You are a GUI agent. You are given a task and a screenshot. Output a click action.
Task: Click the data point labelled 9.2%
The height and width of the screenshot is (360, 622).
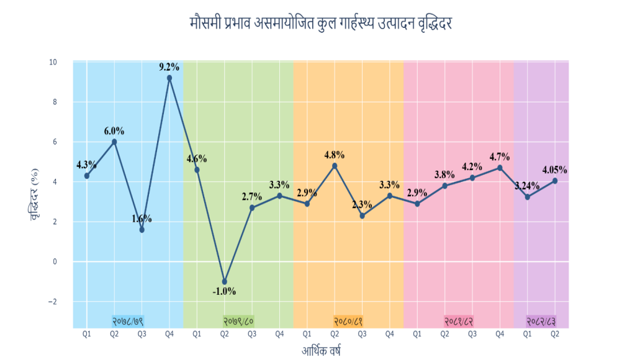(169, 78)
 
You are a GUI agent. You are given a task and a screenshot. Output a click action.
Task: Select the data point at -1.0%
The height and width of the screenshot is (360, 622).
(225, 282)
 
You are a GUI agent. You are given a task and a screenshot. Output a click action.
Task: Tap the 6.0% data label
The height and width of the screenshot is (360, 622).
(114, 131)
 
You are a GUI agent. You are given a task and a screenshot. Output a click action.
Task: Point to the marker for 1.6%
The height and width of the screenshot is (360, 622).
(142, 230)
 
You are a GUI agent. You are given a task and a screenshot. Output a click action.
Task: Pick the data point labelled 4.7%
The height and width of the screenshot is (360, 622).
(500, 168)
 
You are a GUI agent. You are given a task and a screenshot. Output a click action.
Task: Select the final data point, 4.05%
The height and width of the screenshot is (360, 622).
(555, 181)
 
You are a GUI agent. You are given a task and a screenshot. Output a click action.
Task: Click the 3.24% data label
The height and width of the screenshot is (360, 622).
(527, 184)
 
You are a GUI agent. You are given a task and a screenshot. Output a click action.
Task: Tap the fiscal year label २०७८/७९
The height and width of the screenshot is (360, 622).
(128, 321)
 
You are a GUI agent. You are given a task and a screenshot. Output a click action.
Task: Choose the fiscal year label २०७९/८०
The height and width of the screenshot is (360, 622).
(238, 321)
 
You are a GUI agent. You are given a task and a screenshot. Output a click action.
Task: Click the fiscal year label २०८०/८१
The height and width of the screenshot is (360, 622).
(348, 321)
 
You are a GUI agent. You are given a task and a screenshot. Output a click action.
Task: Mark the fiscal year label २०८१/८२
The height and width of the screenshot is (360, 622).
(459, 321)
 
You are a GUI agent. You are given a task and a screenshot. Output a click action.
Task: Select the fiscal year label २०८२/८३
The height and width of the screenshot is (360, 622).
(541, 321)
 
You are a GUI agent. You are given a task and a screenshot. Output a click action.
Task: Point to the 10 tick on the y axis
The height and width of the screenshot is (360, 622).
(53, 62)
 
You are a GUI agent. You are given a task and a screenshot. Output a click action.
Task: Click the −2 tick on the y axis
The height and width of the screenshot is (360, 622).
(52, 302)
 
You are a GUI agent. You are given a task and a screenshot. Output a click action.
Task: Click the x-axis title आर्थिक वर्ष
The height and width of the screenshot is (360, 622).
(321, 350)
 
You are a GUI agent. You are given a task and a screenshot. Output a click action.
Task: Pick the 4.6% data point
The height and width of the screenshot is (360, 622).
(197, 169)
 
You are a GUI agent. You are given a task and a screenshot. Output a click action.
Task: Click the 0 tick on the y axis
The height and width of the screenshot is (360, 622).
(55, 261)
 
